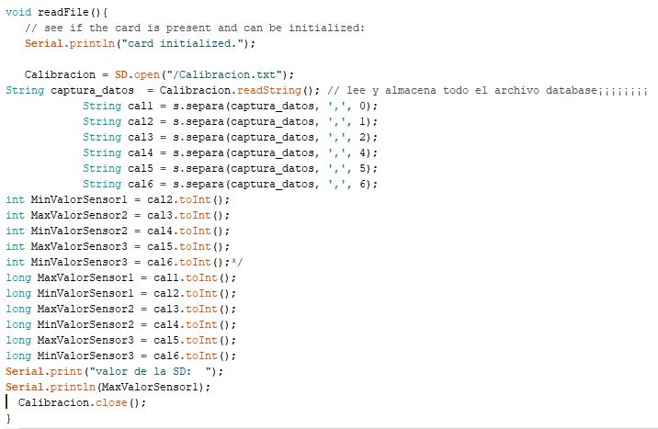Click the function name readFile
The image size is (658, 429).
coord(62,12)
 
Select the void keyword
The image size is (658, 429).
coord(18,12)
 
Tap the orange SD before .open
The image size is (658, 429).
coord(121,74)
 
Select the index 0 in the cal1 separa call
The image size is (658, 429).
coord(363,106)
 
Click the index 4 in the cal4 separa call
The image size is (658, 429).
coord(363,153)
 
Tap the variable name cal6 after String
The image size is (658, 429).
coord(141,184)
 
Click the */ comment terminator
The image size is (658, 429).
coord(237,262)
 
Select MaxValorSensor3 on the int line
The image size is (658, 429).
coord(79,246)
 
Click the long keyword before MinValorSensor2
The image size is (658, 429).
coord(18,324)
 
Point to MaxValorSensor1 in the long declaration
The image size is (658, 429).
coord(85,277)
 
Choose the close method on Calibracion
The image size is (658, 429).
coord(111,402)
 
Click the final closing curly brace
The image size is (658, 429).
coord(8,419)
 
